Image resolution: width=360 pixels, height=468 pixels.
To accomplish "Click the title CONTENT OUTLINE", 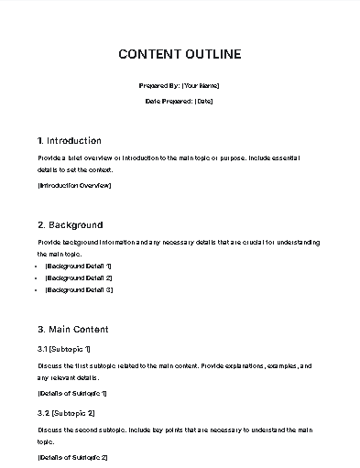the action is [x=180, y=54].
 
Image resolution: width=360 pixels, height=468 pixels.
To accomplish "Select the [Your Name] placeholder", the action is [x=201, y=85].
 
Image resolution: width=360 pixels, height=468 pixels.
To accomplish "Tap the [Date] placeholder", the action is [x=203, y=101].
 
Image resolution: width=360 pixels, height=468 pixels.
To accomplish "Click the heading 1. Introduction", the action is [x=70, y=141].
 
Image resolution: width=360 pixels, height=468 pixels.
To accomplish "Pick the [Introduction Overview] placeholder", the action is [x=74, y=185].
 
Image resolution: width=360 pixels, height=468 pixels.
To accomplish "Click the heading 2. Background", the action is [x=71, y=224].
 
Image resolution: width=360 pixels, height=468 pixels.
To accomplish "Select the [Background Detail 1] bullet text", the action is [x=79, y=265].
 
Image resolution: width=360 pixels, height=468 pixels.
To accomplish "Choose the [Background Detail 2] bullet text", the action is [x=79, y=277].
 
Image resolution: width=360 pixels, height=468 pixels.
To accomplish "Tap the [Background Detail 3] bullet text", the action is [x=79, y=289].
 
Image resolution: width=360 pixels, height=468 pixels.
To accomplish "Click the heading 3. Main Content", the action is [x=73, y=329].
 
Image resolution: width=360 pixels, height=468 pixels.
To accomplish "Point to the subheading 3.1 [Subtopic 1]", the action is [x=64, y=349].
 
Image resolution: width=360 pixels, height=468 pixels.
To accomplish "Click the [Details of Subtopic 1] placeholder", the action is [x=72, y=393].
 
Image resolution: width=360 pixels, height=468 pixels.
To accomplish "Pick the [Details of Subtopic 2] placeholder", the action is [x=72, y=456].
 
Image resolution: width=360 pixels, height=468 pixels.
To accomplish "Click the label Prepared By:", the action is [x=159, y=85].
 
